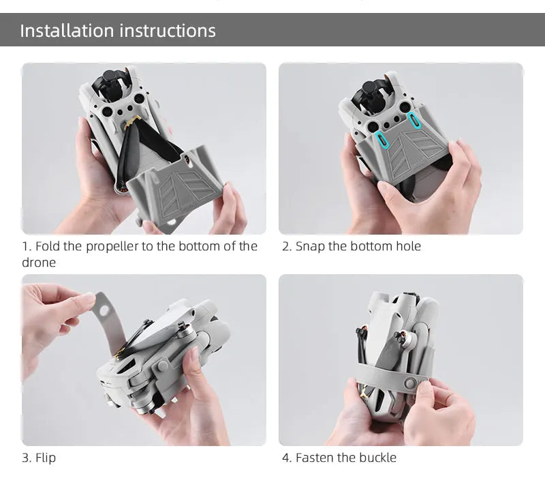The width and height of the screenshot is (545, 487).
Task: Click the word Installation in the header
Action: pos(67,31)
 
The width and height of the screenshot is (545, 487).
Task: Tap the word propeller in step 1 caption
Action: pos(112,246)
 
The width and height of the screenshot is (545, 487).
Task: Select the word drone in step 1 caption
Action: pos(38,263)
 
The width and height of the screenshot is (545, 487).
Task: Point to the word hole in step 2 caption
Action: pos(407,246)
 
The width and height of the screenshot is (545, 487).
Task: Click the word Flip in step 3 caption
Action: pos(45,458)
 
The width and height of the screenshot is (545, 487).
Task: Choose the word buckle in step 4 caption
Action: pos(377,458)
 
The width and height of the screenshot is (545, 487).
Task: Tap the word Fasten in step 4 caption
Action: pos(315,458)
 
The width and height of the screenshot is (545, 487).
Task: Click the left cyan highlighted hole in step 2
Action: pos(382,140)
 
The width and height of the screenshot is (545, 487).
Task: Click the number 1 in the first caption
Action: pos(25,246)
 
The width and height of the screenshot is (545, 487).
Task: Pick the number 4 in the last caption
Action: pos(286,458)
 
